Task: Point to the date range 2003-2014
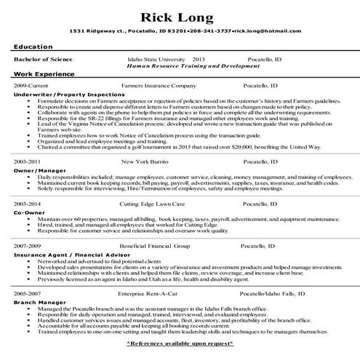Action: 28,204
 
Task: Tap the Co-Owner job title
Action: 26,214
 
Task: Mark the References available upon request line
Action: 180,341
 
